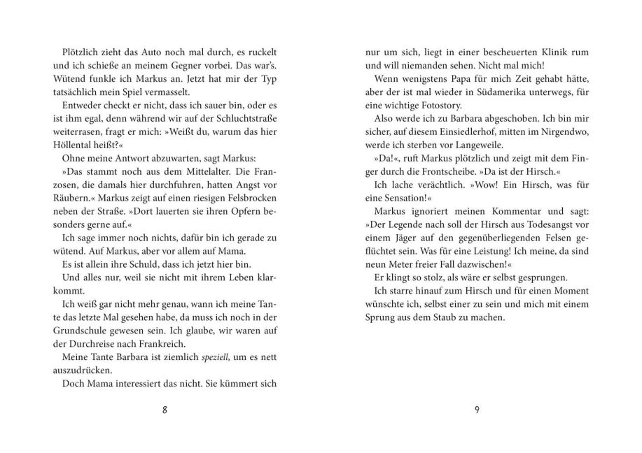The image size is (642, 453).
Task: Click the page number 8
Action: click(x=165, y=410)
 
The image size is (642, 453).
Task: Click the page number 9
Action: click(x=476, y=410)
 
